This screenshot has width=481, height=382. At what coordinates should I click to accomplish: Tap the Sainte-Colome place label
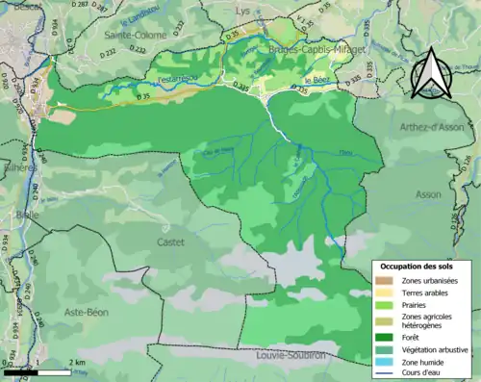pyautogui.click(x=135, y=35)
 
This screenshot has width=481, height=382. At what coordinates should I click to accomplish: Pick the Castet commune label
pyautogui.click(x=170, y=243)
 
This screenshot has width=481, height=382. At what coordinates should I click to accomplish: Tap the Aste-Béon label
pyautogui.click(x=86, y=313)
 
